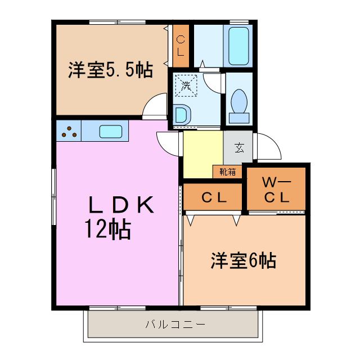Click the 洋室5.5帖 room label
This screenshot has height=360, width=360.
(x=110, y=70)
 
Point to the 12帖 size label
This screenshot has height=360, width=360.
(x=107, y=229)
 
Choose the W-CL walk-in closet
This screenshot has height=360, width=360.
(x=277, y=190)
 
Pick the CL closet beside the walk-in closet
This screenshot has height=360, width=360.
(x=214, y=197)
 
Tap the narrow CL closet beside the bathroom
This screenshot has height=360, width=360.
(x=180, y=46)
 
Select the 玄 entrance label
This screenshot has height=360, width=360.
(x=239, y=148)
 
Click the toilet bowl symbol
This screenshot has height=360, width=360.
(x=240, y=104)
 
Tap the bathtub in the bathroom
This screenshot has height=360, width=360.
(x=238, y=45)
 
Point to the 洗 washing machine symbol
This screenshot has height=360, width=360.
(x=186, y=85)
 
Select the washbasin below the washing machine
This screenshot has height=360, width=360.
(x=182, y=115)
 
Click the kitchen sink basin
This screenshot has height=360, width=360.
(x=110, y=132)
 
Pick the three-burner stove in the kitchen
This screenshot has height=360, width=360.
(x=70, y=132)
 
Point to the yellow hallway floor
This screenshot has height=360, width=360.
(x=202, y=152)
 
